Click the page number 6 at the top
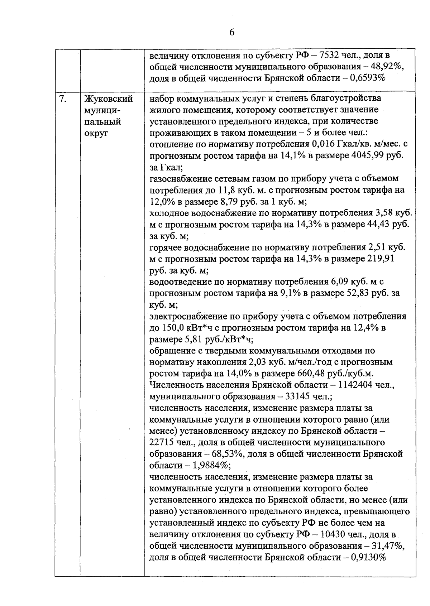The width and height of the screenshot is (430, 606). pyautogui.click(x=231, y=32)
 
